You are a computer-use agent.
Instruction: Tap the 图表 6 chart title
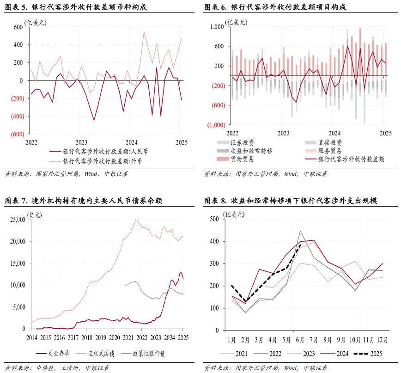pyautogui.click(x=275, y=7)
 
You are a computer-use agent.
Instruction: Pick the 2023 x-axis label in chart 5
pyautogui.click(x=81, y=142)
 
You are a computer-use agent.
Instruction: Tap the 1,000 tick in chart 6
pyautogui.click(x=217, y=27)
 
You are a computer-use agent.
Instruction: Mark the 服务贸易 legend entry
pyautogui.click(x=330, y=151)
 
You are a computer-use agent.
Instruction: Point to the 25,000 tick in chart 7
pyautogui.click(x=18, y=220)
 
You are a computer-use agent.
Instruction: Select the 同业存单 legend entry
pyautogui.click(x=57, y=354)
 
